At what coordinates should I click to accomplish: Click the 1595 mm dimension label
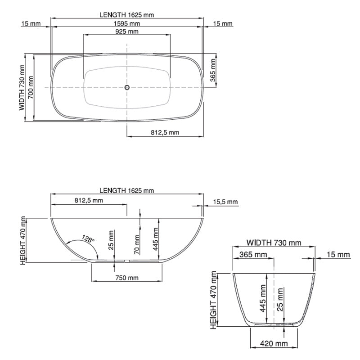127,23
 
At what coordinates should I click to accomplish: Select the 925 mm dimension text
127,31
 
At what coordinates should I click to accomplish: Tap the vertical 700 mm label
30,87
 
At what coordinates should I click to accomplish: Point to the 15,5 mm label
225,202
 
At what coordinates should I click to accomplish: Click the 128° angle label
88,238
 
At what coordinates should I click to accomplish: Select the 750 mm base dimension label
126,278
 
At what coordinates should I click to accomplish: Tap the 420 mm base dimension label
274,344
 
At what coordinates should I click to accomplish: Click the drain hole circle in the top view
127,87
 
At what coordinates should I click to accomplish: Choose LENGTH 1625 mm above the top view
127,14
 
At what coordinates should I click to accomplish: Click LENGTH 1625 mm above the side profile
127,190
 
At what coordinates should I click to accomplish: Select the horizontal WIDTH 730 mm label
274,243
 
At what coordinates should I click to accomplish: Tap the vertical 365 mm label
213,71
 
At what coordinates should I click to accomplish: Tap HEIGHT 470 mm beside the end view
214,300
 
